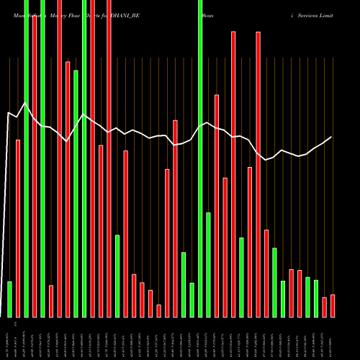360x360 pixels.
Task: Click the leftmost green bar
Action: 10,299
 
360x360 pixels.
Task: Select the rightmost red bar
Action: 333,305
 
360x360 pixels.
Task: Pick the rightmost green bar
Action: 316,298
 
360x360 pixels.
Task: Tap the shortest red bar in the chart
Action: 159,310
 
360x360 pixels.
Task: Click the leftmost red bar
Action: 18,228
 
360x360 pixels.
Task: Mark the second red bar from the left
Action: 35,166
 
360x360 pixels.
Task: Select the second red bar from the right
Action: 325,307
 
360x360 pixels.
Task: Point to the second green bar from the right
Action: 308,297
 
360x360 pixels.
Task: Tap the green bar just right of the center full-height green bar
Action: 209,264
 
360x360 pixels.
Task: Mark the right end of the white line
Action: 332,137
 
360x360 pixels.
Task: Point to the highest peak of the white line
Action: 26,103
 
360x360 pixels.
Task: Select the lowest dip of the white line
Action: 266,160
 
